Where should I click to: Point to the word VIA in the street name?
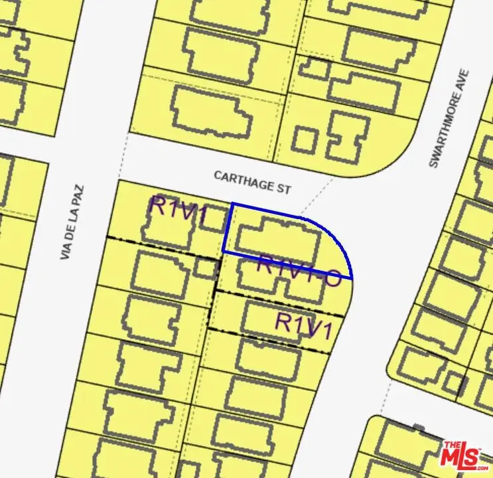tap(66, 250)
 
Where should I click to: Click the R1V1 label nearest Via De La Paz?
tap(178, 206)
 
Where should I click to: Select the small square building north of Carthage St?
tap(305, 140)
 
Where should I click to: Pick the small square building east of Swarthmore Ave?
tap(455, 384)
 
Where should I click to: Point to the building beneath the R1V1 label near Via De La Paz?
tap(166, 226)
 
